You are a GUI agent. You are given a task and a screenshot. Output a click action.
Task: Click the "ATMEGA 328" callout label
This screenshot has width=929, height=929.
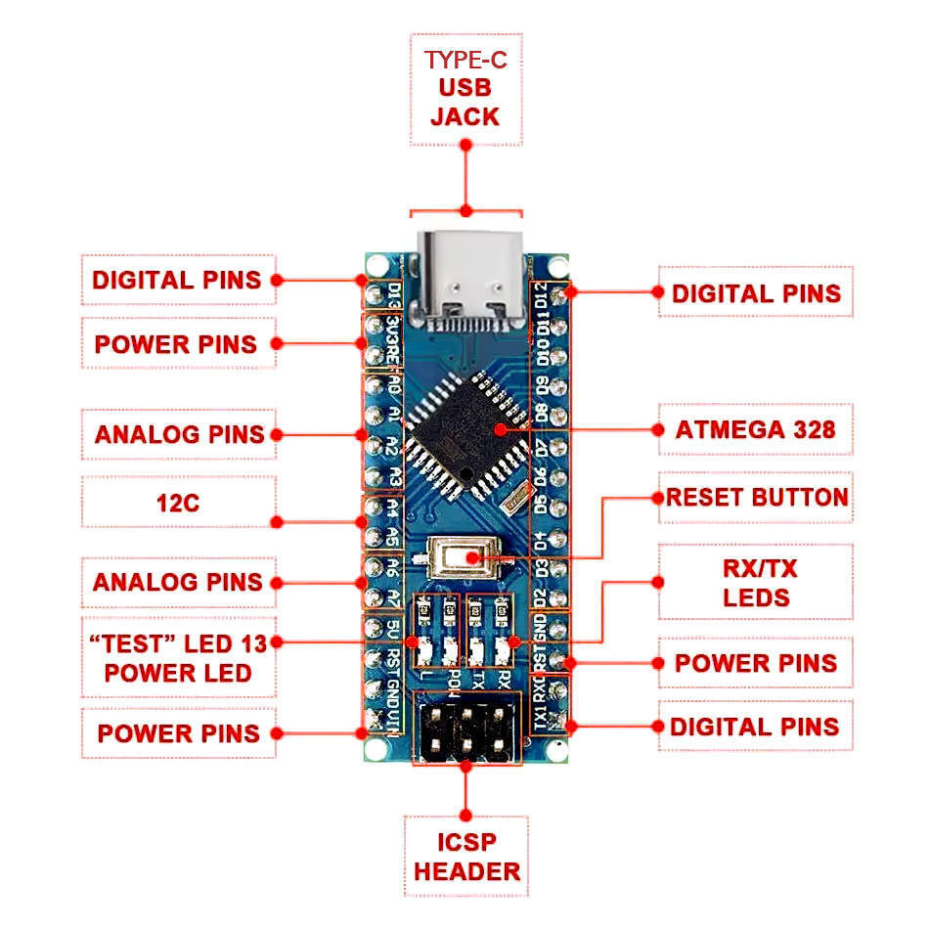click(x=755, y=428)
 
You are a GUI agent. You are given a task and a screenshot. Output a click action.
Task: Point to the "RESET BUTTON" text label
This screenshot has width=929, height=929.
click(x=756, y=497)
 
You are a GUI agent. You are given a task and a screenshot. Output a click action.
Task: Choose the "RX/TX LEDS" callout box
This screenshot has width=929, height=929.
click(x=755, y=583)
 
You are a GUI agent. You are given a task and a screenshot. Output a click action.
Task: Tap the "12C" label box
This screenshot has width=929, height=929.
click(x=178, y=504)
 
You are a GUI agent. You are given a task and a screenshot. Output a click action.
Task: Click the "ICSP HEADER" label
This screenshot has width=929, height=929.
click(x=465, y=856)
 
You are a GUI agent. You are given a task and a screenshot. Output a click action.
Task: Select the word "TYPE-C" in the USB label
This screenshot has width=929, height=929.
click(x=465, y=59)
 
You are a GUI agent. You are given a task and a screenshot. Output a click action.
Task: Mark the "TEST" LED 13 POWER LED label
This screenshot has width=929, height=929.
click(x=178, y=657)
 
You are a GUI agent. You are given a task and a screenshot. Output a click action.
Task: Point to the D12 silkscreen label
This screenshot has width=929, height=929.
click(x=541, y=294)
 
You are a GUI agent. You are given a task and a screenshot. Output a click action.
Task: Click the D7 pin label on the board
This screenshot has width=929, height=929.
click(x=541, y=447)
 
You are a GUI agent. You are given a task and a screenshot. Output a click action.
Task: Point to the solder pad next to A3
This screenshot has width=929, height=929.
click(x=373, y=477)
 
